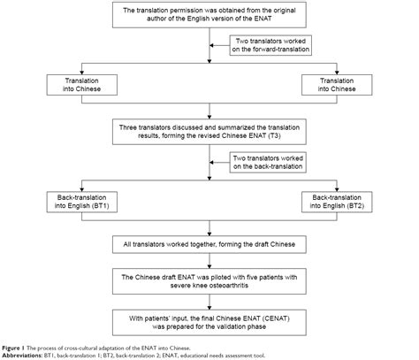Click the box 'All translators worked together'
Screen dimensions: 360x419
point(209,241)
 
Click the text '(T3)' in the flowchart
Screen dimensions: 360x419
point(284,140)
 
